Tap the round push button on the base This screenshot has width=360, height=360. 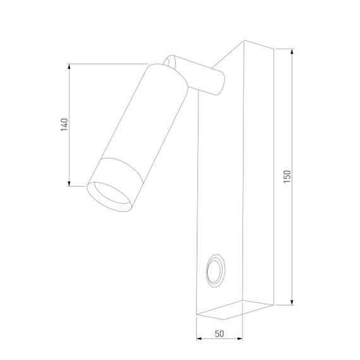[x=214, y=272]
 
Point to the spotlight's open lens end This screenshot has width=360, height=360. [x=109, y=195]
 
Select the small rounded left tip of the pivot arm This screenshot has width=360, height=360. [x=169, y=61]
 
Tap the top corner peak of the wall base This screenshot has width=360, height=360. [x=244, y=42]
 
